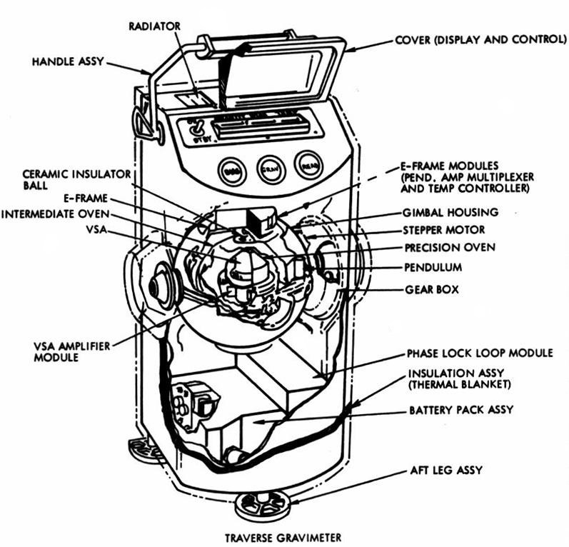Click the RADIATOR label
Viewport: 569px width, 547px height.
155,26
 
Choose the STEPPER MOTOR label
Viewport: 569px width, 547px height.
444,230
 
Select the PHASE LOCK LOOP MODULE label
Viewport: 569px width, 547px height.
480,353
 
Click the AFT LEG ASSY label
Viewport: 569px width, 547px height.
446,471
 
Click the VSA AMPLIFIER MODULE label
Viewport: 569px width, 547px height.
72,351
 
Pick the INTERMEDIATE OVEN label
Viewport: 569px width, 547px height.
55,213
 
